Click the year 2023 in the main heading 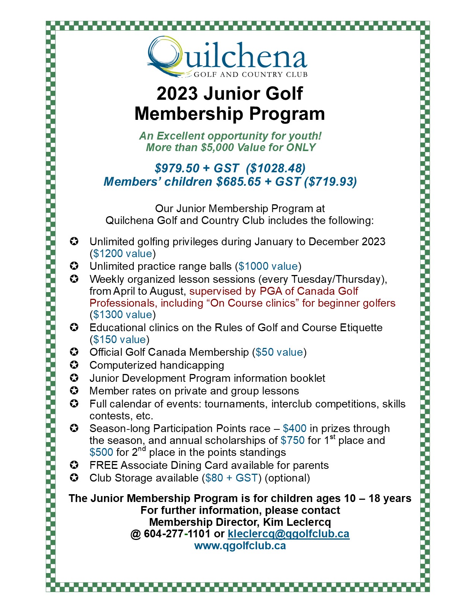[x=177, y=93]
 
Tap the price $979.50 [x=177, y=168]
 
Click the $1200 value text [x=123, y=254]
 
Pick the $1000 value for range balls [x=268, y=266]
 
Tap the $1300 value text [x=123, y=315]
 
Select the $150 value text [x=119, y=340]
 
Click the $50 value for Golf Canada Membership [x=279, y=352]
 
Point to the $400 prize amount [x=294, y=429]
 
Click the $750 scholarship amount [x=292, y=441]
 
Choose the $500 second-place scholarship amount [x=101, y=452]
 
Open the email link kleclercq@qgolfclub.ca [x=288, y=534]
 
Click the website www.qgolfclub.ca [x=240, y=546]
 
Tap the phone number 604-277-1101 [x=177, y=534]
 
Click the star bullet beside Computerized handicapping [x=75, y=365]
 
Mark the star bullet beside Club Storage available [x=75, y=478]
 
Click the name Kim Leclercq [x=297, y=522]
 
